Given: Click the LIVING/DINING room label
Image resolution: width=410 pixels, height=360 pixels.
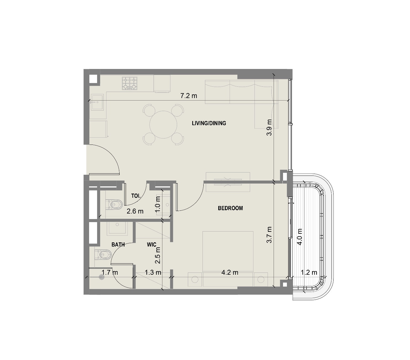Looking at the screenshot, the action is pyautogui.click(x=209, y=123).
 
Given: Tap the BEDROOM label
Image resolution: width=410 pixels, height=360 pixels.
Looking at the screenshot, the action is pyautogui.click(x=230, y=208).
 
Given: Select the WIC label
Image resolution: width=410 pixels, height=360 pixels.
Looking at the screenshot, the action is pyautogui.click(x=151, y=245).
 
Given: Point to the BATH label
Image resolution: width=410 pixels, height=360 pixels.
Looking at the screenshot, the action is pyautogui.click(x=118, y=245).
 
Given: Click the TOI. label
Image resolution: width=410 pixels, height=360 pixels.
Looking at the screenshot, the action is pyautogui.click(x=136, y=196).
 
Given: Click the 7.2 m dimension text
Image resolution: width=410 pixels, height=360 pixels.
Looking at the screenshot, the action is pyautogui.click(x=188, y=96).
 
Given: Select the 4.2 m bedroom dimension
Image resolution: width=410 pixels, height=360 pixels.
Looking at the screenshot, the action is pyautogui.click(x=230, y=272).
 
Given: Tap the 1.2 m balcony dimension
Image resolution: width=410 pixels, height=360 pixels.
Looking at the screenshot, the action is pyautogui.click(x=309, y=272).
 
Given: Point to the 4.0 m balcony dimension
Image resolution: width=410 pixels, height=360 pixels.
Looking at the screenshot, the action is pyautogui.click(x=300, y=236).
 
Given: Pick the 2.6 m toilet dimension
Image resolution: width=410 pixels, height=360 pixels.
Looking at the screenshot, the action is pyautogui.click(x=135, y=211).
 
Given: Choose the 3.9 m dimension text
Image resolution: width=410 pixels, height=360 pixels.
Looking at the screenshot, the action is pyautogui.click(x=269, y=127).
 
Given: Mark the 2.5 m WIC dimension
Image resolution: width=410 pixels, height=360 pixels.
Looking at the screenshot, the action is pyautogui.click(x=158, y=255).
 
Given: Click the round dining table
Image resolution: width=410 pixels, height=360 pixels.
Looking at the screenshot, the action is pyautogui.click(x=163, y=125).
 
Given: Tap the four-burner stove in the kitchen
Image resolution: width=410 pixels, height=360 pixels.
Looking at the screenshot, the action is pyautogui.click(x=129, y=83).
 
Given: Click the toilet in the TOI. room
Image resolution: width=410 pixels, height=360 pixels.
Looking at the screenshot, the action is pyautogui.click(x=114, y=204).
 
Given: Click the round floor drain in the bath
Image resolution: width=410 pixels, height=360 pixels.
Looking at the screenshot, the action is pyautogui.click(x=101, y=277).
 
